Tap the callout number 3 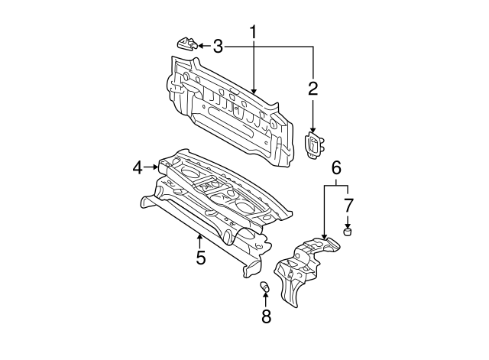pyautogui.click(x=219, y=47)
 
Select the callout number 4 pyautogui.click(x=138, y=167)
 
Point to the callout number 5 pyautogui.click(x=200, y=258)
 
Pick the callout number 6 pyautogui.click(x=335, y=167)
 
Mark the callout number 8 pyautogui.click(x=266, y=316)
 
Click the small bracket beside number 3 pyautogui.click(x=186, y=42)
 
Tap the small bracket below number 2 pyautogui.click(x=314, y=144)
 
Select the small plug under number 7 pyautogui.click(x=348, y=231)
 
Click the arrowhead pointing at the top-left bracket pyautogui.click(x=201, y=46)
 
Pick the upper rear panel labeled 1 pyautogui.click(x=229, y=115)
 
